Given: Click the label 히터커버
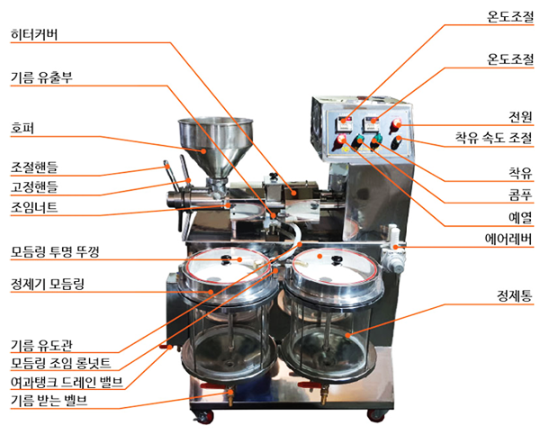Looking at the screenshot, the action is coord(34,34).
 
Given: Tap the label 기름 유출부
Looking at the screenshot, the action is coord(41,77).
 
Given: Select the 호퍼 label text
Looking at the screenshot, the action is coord(22,128).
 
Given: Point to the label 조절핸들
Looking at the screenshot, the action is coord(34,168).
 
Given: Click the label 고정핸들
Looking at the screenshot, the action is coord(34,186).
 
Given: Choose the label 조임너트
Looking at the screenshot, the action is coord(34,207).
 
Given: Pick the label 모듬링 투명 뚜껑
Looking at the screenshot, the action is coord(55,251).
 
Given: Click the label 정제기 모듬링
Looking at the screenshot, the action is coord(48,284).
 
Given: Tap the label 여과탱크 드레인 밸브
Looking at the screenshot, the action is coord(67,382).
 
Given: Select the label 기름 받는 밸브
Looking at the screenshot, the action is coord(49,401).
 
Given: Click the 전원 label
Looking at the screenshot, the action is coord(521,117).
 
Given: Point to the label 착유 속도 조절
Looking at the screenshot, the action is coord(494,138).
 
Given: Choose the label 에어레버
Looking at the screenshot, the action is coord(508,239).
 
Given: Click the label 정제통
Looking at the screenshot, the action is coord(515,295).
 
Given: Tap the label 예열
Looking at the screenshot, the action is coord(520,218).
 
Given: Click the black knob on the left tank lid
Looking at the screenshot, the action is coord(226,259).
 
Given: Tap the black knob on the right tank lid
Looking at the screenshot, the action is coord(336,260).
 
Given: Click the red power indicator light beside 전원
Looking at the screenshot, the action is coord(396,123).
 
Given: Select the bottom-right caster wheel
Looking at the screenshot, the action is coord(375,415).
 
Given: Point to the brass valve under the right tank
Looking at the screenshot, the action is coord(324,395).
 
